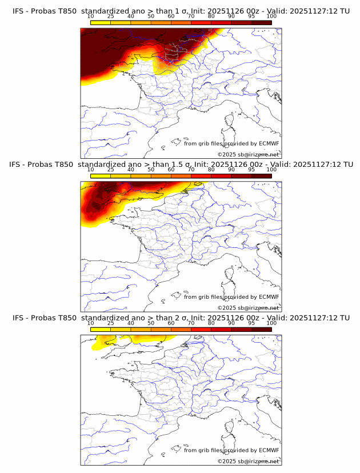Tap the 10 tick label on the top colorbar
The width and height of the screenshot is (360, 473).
tap(90, 16)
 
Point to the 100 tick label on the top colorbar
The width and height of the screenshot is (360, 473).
tap(271, 16)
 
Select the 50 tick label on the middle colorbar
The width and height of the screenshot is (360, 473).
tap(151, 170)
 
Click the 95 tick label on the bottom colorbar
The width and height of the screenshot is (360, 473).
tap(251, 323)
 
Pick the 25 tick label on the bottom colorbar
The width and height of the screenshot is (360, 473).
tap(110, 323)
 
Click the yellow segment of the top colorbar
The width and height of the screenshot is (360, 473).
tap(100, 22)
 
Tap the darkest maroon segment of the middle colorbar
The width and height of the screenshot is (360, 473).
tap(261, 176)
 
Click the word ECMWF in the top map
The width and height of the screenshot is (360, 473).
tap(269, 143)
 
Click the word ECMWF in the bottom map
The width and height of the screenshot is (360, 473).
tap(269, 450)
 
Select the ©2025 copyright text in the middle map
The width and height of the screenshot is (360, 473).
tap(227, 308)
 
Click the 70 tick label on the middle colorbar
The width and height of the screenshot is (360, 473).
tap(191, 170)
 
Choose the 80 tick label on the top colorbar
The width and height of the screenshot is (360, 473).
tap(211, 16)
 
